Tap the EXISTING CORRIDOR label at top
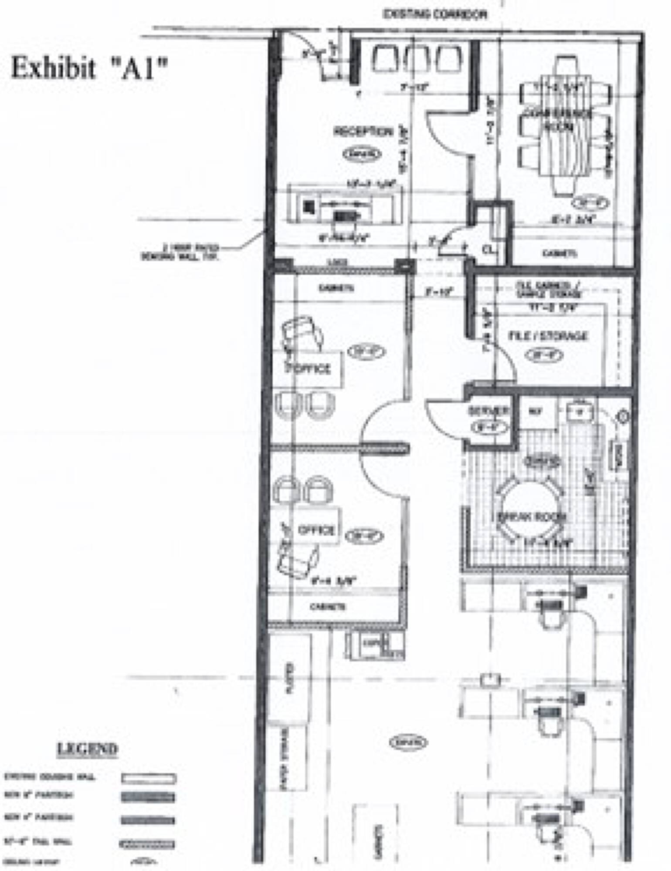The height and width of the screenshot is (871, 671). pyautogui.click(x=434, y=15)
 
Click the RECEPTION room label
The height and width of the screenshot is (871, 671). pyautogui.click(x=363, y=132)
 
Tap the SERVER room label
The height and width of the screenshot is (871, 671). pyautogui.click(x=488, y=411)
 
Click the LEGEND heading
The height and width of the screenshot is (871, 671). pyautogui.click(x=88, y=749)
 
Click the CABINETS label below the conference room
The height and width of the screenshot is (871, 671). pyautogui.click(x=559, y=253)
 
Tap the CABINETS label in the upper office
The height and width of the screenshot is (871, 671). pyautogui.click(x=336, y=288)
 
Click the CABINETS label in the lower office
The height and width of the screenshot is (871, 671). pyautogui.click(x=328, y=607)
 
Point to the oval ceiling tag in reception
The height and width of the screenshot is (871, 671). pyautogui.click(x=362, y=154)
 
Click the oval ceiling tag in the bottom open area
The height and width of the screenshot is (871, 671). pyautogui.click(x=408, y=742)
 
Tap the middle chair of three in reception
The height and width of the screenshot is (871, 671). pyautogui.click(x=417, y=59)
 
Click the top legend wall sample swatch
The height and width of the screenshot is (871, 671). pyautogui.click(x=149, y=778)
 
